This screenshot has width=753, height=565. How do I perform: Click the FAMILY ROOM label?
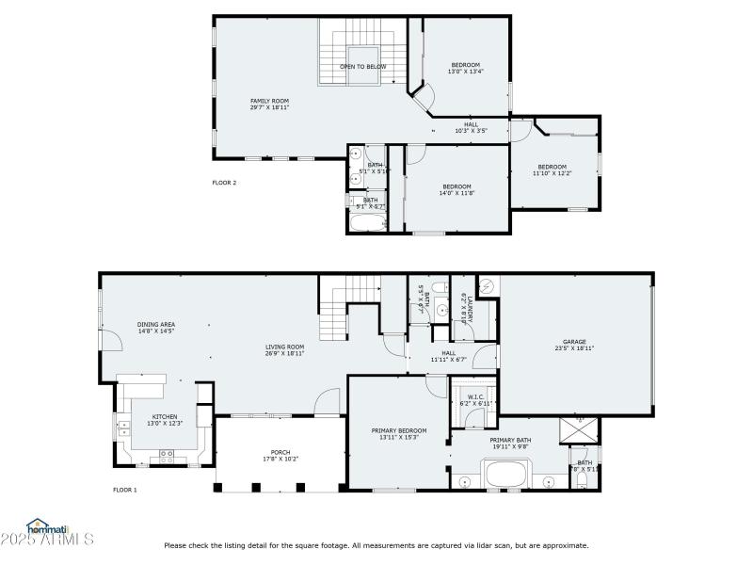point(269,105)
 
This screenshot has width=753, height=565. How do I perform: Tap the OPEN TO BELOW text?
point(363,67)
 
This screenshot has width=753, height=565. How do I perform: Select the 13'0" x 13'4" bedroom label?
point(465,68)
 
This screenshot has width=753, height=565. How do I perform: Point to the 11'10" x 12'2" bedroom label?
point(552,170)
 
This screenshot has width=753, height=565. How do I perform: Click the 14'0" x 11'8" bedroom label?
point(457,189)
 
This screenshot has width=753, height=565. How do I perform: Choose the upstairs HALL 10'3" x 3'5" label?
point(471,127)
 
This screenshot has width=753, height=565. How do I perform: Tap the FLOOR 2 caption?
point(224,183)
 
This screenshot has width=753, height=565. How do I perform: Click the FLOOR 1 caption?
point(125,490)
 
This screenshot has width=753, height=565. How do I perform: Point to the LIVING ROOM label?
point(283,349)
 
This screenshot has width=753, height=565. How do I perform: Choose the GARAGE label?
point(574,345)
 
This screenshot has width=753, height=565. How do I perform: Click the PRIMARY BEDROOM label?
point(399,433)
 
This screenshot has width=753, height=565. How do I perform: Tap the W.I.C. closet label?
point(475,400)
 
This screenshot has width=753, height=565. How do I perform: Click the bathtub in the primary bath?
point(508,475)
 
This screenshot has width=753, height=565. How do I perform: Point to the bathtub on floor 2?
point(368,223)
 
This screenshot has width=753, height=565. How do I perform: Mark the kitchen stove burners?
point(167,454)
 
